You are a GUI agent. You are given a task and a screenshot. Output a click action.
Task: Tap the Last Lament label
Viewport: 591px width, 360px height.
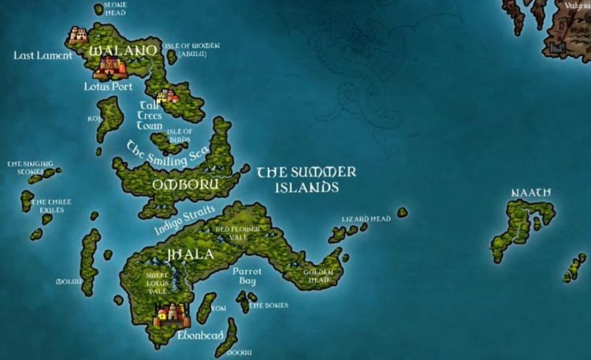(43, 56)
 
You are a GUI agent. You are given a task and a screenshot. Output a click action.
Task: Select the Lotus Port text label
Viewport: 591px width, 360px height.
(109, 87)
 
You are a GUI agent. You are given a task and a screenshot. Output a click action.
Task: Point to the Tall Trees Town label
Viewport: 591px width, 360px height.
(149, 115)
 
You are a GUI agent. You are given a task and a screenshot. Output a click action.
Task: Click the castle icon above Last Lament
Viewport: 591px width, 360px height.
(78, 35)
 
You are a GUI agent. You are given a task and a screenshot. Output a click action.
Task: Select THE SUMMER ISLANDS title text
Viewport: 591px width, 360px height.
(307, 180)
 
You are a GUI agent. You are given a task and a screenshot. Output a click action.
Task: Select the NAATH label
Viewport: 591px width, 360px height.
(530, 192)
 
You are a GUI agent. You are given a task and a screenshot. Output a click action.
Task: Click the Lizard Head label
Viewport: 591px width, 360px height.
(366, 219)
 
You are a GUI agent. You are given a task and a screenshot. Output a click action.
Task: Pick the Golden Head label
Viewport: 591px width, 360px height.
(319, 276)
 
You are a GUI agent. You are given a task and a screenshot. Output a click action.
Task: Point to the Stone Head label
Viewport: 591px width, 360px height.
(114, 8)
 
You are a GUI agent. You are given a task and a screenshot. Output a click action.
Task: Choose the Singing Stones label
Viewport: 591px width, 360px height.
(30, 168)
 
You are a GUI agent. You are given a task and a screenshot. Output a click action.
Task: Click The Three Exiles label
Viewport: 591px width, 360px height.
(50, 206)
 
